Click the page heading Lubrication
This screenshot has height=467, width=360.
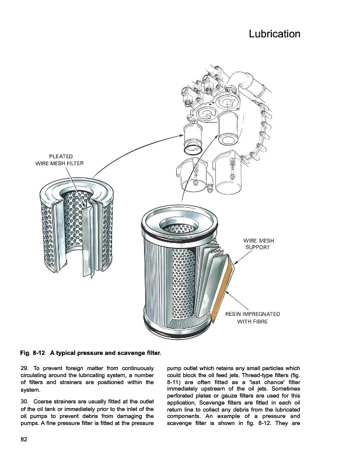(x=274, y=34)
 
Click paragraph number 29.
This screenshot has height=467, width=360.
(x=25, y=368)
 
